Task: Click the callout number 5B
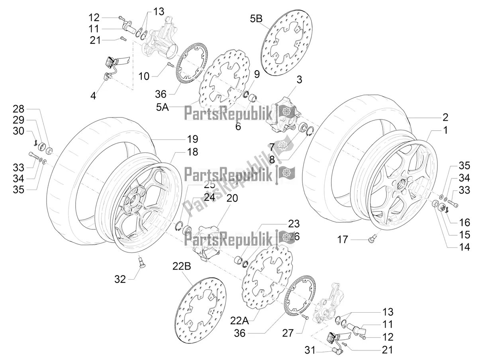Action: click(256, 18)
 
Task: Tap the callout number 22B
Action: click(182, 266)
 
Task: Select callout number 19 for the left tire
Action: click(192, 139)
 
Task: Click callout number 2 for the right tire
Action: click(445, 117)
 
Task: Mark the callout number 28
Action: click(18, 109)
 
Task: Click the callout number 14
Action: click(464, 247)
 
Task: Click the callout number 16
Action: click(464, 222)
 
